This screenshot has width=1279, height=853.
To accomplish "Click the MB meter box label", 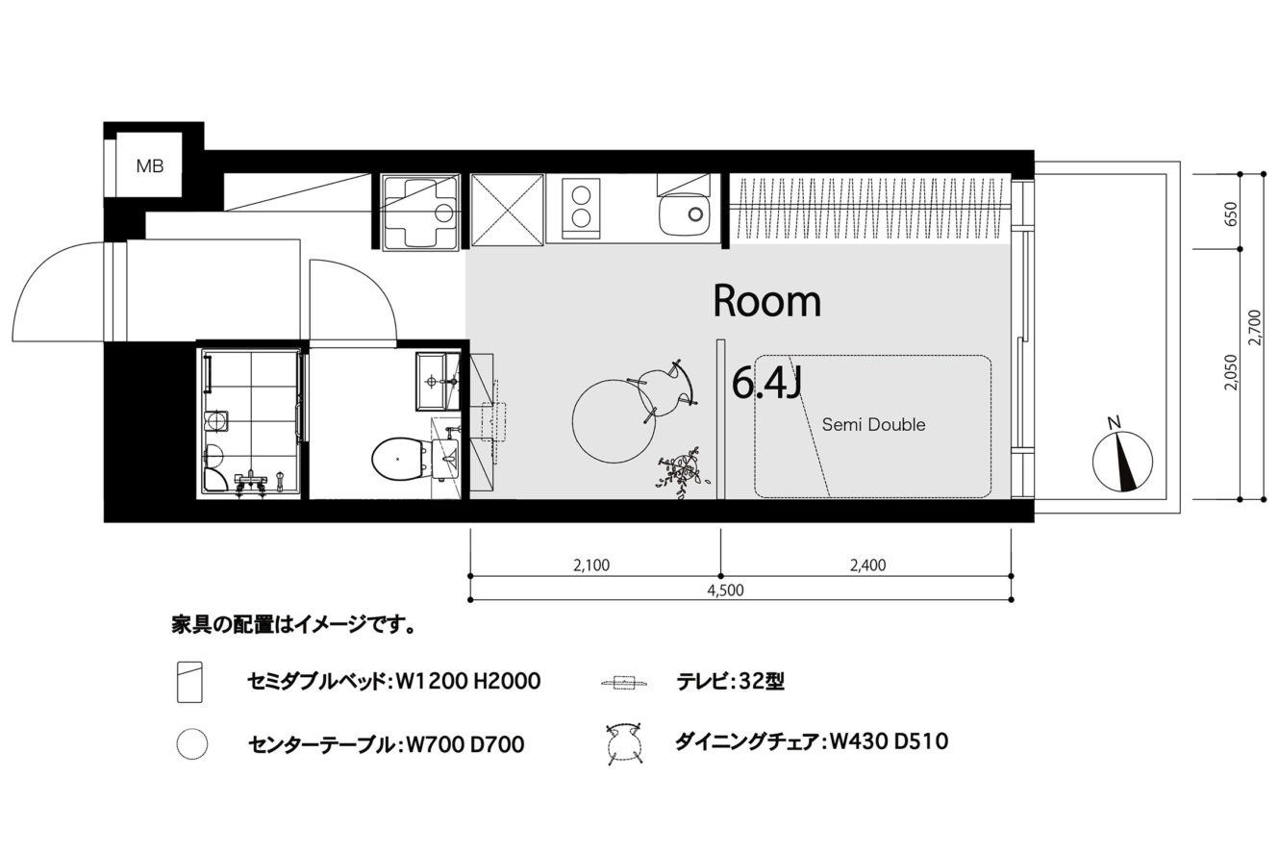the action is (150, 166).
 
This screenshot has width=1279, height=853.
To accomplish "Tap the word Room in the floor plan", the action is (767, 301).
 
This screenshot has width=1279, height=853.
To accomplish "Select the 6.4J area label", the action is (766, 384).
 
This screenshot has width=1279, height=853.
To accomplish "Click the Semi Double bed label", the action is (873, 425).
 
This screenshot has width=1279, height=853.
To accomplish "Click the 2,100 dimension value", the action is (591, 565).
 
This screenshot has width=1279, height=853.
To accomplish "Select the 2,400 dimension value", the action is (867, 565).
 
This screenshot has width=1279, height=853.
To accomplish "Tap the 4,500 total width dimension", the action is (725, 590).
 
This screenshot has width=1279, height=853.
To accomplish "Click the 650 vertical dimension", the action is (1231, 213).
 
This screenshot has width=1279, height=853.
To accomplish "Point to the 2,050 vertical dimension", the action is (1231, 372).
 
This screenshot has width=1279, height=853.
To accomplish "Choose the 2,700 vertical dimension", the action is (1254, 327).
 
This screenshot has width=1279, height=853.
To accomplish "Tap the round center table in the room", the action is (614, 421).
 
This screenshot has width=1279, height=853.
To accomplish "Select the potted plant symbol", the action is (683, 473).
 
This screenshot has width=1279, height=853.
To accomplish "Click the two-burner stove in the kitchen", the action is (581, 208).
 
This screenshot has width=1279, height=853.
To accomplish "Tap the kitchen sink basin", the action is (685, 215).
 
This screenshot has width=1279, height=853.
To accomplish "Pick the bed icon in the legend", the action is (189, 682).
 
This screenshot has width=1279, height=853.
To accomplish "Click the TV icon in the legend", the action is (625, 683).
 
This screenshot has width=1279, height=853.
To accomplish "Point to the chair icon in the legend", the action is (624, 743).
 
